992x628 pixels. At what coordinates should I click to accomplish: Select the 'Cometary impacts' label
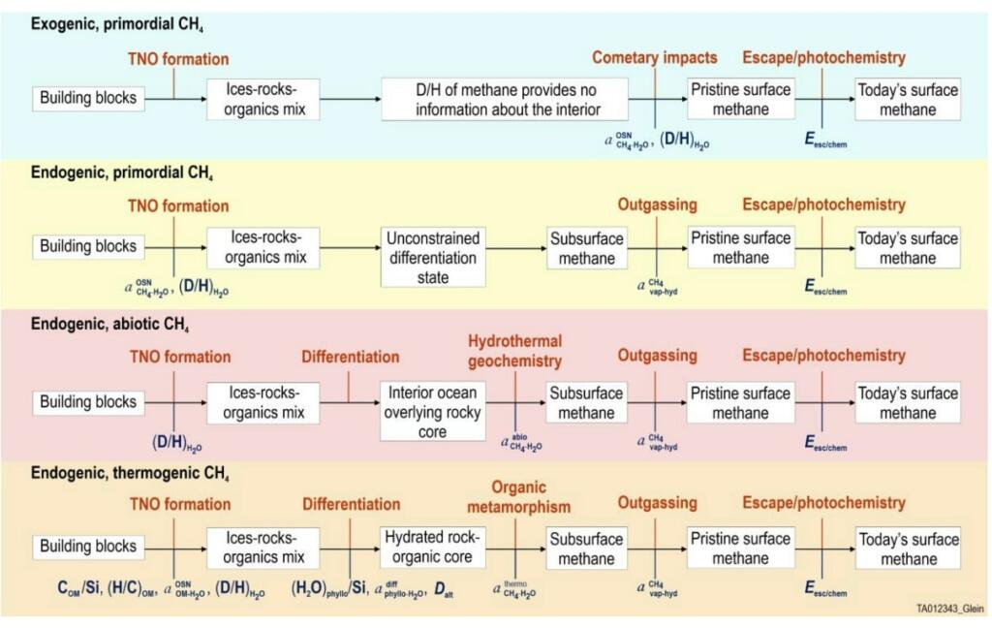tap(654, 58)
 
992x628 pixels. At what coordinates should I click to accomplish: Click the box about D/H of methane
tap(504, 99)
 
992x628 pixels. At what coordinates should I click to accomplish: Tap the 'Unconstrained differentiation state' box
tap(432, 257)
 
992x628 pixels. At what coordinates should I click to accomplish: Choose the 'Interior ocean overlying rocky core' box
tap(432, 412)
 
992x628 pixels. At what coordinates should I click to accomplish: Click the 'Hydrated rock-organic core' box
tap(432, 548)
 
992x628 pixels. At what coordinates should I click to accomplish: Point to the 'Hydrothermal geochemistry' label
tap(514, 351)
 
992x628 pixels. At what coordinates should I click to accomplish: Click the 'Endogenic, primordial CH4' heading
tap(121, 174)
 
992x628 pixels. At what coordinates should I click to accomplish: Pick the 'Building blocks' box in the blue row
tap(88, 98)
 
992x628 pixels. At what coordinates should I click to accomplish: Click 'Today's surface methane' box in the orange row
tap(908, 548)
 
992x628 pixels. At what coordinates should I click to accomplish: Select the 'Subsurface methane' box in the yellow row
tap(586, 247)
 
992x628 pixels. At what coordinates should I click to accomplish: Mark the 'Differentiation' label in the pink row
tap(350, 356)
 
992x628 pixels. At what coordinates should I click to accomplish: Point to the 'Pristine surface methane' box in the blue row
tap(740, 99)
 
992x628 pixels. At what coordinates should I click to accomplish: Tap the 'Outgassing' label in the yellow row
tap(657, 205)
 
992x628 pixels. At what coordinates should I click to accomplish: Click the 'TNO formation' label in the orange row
tap(180, 504)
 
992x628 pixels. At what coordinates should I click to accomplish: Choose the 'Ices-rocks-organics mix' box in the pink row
tap(263, 402)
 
